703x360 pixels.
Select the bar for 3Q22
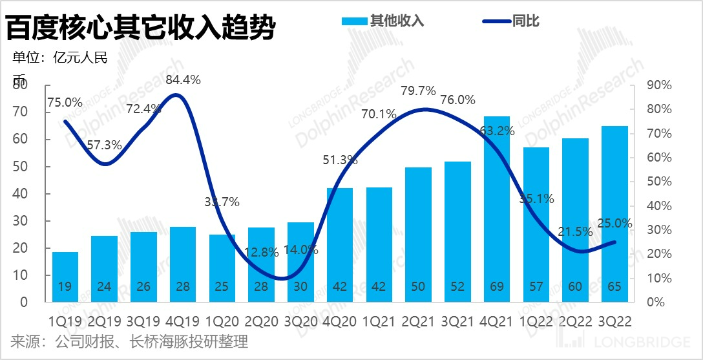614,213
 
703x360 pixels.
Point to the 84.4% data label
183,80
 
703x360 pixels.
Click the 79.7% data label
418,91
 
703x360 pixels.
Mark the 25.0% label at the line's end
614,224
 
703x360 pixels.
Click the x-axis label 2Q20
261,321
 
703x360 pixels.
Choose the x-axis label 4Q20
339,321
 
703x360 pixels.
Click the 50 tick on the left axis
22,167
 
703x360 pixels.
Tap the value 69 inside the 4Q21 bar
496,286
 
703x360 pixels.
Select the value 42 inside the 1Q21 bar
379,286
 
